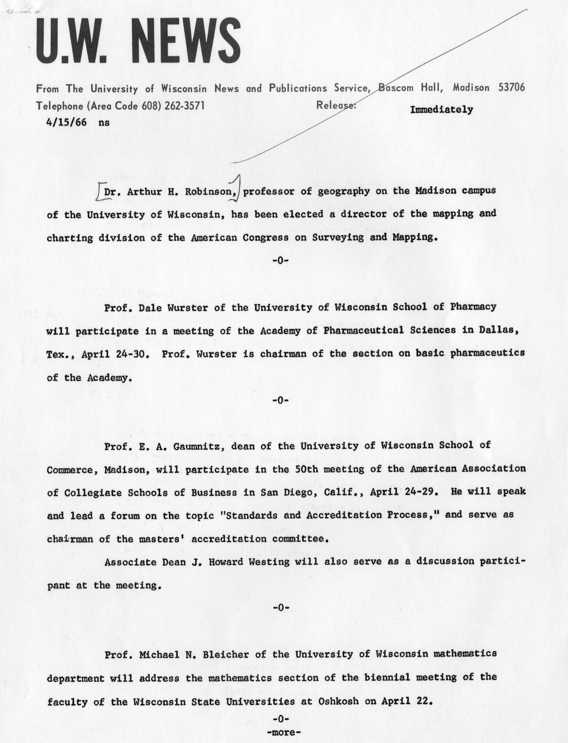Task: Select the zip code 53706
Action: pos(511,87)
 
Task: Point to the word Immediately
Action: pos(441,109)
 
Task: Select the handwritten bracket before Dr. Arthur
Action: pos(99,191)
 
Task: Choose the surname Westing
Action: pos(269,561)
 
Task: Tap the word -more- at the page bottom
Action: pos(283,732)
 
